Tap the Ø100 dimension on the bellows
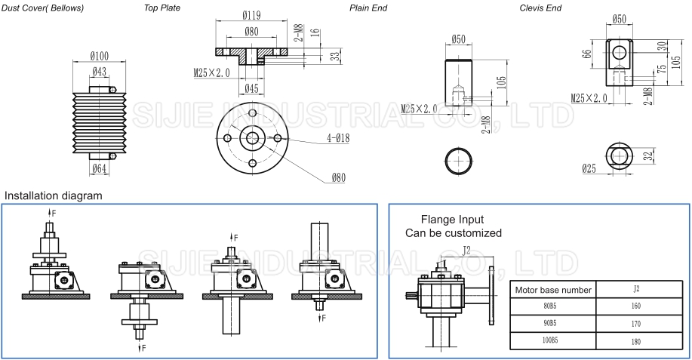pos(100,56)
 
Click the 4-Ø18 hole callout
pos(340,138)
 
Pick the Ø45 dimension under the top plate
pos(252,89)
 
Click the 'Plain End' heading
pos(369,8)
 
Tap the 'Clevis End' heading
pos(540,8)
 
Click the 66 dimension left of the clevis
pos(586,54)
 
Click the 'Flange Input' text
pos(453,220)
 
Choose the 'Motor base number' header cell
pos(552,289)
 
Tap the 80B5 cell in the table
pos(552,306)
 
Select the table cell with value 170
pos(635,324)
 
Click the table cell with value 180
pos(635,341)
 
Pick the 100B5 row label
pos(552,341)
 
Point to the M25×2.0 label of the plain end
pos(419,108)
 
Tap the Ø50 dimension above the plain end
pos(459,38)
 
